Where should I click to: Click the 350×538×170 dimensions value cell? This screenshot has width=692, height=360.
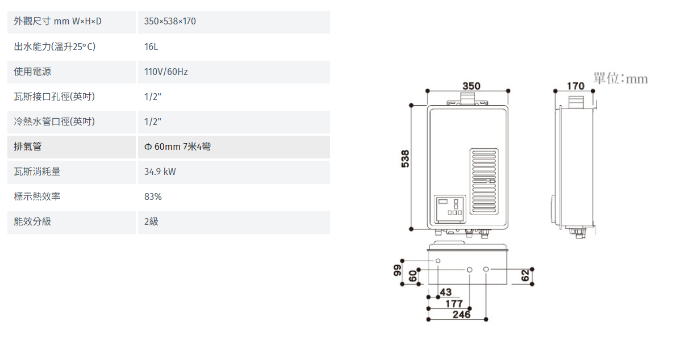(170, 22)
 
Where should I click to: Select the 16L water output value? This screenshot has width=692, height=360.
(151, 47)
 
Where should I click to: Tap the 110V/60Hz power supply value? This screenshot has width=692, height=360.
(166, 72)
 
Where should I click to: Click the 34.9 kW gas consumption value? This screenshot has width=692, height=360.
(160, 171)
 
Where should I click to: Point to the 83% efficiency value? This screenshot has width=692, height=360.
(153, 196)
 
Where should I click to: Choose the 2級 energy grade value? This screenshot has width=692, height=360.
(151, 221)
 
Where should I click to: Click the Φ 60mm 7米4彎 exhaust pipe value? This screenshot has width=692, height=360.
(178, 146)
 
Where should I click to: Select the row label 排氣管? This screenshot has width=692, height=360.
(28, 146)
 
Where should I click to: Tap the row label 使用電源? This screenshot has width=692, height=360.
(32, 72)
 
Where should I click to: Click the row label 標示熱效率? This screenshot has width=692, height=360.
(37, 196)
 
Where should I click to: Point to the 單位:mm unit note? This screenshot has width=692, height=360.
(620, 78)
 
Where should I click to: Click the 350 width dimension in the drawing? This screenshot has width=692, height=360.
(471, 86)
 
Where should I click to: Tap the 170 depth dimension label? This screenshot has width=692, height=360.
(576, 86)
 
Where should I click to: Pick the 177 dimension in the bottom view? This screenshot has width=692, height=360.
(454, 304)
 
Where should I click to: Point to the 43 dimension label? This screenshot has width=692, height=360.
(445, 292)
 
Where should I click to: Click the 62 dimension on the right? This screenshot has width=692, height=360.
(526, 275)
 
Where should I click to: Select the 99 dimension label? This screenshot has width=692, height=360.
(397, 270)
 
